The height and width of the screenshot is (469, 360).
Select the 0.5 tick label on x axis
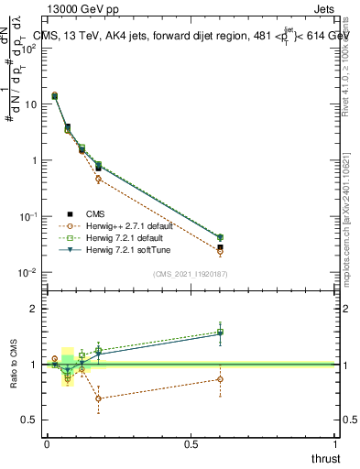pyautogui.click(x=191, y=443)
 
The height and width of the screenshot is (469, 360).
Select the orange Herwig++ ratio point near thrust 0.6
pyautogui.click(x=220, y=379)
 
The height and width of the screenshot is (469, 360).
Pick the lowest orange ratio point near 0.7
pyautogui.click(x=98, y=398)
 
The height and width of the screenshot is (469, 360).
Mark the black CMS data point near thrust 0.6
pyautogui.click(x=220, y=247)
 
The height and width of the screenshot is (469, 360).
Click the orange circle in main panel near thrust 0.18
pyautogui.click(x=98, y=179)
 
